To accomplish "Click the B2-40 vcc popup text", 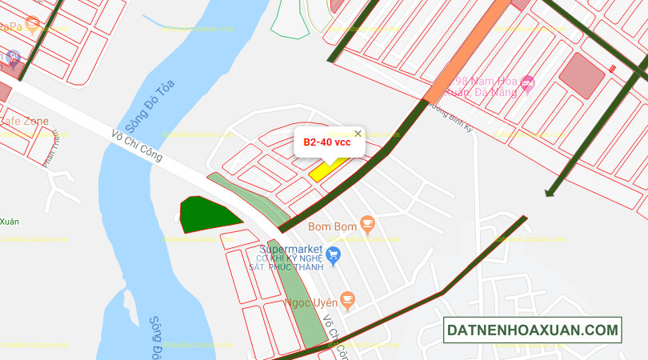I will [x=326, y=142].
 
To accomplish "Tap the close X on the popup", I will [x=358, y=134].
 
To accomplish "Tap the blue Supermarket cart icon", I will [x=334, y=256].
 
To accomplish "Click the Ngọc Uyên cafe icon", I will [x=347, y=299].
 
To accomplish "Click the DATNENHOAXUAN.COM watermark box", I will [x=533, y=330].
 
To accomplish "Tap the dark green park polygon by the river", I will [x=206, y=215].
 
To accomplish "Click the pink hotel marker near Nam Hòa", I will [x=526, y=82].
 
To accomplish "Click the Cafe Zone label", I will [x=23, y=122].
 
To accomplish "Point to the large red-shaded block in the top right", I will [x=582, y=77].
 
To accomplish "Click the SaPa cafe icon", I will [x=32, y=23].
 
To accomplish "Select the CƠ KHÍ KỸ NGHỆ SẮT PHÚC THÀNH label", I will [x=290, y=263].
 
